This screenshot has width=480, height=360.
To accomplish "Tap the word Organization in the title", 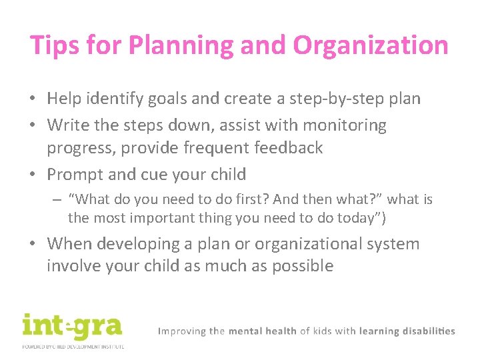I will coord(370,45).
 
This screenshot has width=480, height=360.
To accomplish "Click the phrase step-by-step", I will coord(333,99).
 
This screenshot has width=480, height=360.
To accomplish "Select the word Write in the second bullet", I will coord(68,125).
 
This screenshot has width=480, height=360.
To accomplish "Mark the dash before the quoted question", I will coord(59,199).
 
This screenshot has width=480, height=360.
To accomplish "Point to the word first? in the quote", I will coord(230,199).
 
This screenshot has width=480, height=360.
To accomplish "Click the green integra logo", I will coord(72,327).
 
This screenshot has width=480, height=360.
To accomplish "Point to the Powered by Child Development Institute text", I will coord(73,346).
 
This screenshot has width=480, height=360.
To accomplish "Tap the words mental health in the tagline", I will coord(263,331).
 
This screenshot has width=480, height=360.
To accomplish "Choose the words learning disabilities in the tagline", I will coord(407,331).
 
